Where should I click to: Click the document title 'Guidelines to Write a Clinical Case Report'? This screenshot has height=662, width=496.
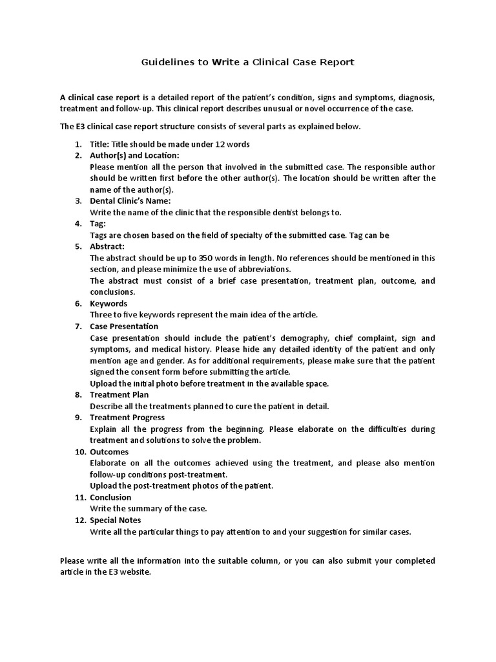tap(248, 62)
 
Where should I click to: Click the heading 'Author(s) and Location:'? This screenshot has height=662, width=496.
tap(134, 155)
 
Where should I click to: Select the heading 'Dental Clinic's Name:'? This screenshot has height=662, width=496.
tap(130, 201)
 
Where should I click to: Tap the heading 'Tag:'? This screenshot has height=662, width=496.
tap(98, 224)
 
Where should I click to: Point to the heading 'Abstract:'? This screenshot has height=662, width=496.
tap(107, 246)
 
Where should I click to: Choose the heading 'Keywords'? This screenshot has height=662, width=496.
tap(108, 303)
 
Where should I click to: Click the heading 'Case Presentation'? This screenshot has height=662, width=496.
tap(124, 326)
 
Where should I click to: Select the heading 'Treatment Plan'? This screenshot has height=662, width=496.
tap(119, 394)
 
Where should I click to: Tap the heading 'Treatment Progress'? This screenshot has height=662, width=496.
tap(127, 418)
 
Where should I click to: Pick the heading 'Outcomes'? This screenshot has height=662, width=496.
tap(109, 452)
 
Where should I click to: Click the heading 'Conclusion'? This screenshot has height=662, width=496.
tap(110, 497)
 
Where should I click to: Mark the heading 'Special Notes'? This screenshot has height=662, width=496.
tap(115, 520)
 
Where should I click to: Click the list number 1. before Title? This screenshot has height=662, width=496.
tap(77, 144)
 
